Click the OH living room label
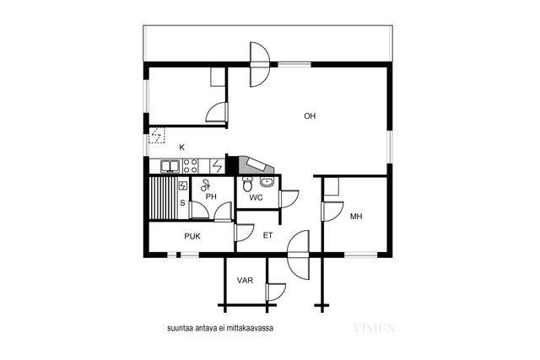point(310,116)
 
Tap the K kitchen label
point(182,148)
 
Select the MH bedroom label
point(356,216)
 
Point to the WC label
point(256,197)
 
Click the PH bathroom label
point(211,196)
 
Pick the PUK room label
point(192,236)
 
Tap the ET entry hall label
point(268,235)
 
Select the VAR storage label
point(245,280)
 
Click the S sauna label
point(182,203)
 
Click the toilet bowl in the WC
point(247,185)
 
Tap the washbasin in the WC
point(267,182)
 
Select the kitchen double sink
point(170,166)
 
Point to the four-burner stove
point(190,166)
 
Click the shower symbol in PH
point(205,185)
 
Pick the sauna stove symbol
point(182,185)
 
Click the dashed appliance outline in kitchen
point(157,135)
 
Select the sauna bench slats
point(163,198)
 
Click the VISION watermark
point(374,328)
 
